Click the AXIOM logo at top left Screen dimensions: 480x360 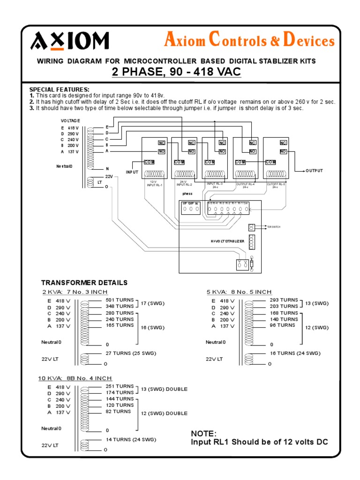[70, 41]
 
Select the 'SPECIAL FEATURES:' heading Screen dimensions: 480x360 [59, 90]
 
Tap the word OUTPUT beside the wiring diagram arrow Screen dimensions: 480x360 [315, 171]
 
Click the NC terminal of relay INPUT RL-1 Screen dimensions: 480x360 [162, 142]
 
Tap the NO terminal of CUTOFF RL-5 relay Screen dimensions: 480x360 [283, 151]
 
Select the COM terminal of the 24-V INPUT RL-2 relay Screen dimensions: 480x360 [179, 162]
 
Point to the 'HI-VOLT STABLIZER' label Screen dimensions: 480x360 [227, 241]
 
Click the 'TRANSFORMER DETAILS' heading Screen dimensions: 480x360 [84, 283]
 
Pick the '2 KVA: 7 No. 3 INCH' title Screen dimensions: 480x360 [75, 292]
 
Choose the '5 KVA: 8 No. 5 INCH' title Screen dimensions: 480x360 [239, 292]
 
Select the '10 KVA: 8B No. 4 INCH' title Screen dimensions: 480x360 [75, 378]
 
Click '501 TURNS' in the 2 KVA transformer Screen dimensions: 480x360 [120, 300]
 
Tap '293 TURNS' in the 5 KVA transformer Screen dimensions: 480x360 [284, 300]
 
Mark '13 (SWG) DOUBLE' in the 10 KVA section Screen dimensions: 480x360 [164, 389]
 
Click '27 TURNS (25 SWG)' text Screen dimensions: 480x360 [131, 353]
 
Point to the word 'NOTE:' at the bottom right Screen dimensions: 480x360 [204, 433]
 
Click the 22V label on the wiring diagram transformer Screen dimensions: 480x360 [109, 176]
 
